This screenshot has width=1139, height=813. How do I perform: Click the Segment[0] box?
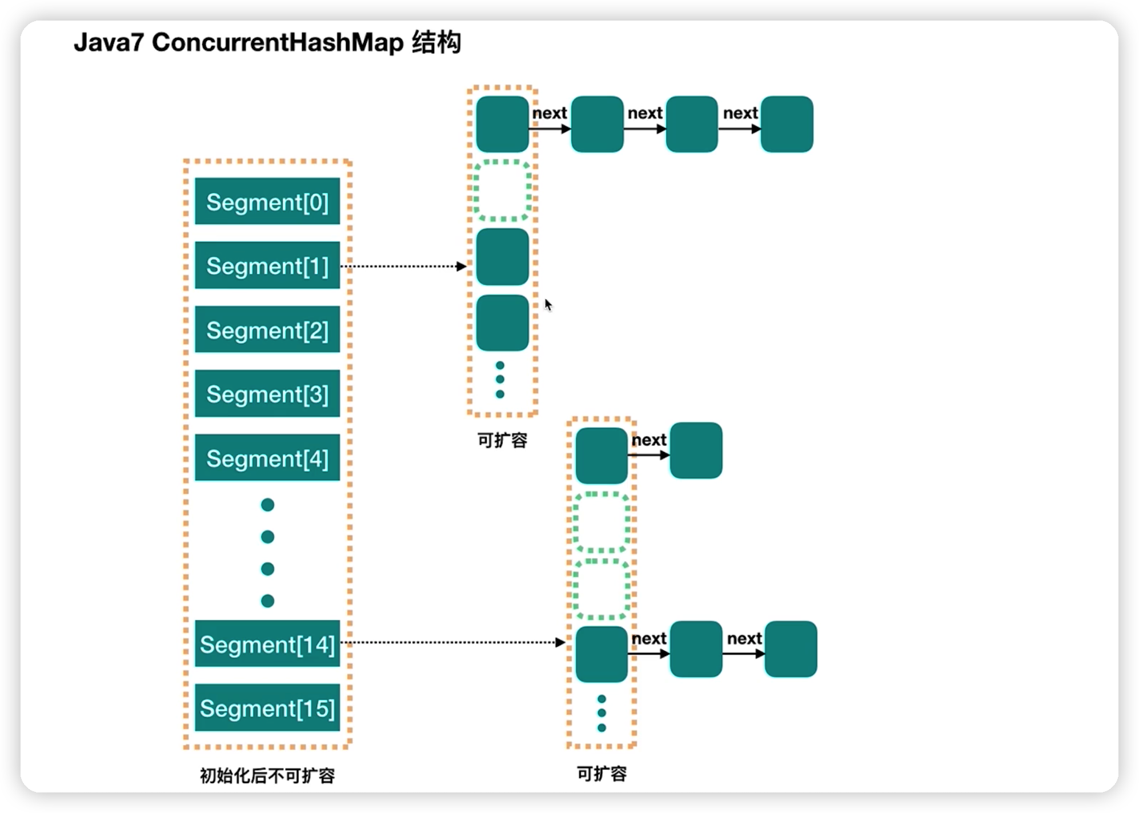click(x=267, y=202)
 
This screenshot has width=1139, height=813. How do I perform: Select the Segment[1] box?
click(x=267, y=265)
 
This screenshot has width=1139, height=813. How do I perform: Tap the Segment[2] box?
click(x=267, y=330)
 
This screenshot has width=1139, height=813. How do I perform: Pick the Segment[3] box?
click(x=267, y=394)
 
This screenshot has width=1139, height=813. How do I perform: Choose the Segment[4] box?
click(x=267, y=458)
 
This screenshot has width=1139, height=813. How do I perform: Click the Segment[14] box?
click(x=267, y=643)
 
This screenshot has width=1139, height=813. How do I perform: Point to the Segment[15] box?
click(x=267, y=708)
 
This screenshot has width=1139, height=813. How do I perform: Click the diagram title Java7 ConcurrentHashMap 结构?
click(x=267, y=42)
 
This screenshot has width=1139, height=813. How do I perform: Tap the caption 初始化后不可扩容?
click(x=267, y=775)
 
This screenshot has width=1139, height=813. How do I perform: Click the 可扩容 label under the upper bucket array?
click(x=502, y=440)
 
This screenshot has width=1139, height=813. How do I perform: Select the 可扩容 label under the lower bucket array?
click(x=601, y=774)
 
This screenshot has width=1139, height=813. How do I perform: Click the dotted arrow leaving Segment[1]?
click(x=404, y=266)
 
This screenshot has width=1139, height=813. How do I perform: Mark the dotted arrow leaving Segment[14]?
click(x=453, y=642)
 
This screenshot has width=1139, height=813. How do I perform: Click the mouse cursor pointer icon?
click(x=548, y=305)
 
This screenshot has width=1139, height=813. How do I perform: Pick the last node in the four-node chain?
click(x=787, y=124)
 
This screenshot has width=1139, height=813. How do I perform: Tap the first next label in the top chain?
click(x=550, y=113)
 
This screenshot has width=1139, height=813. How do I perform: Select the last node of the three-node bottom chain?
click(x=791, y=649)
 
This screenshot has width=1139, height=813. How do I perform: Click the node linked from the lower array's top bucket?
click(x=696, y=450)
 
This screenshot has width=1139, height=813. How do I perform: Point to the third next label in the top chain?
click(x=740, y=113)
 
